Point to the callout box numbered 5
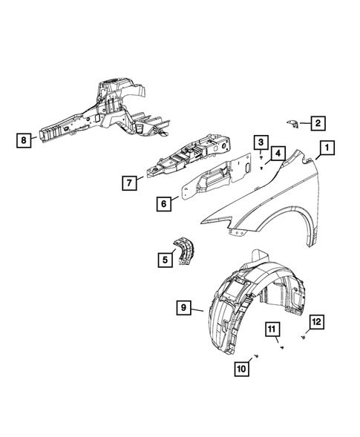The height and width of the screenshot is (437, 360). pos(163,259)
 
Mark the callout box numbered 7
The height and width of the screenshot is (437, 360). pos(130,181)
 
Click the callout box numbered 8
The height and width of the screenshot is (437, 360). pos(24,139)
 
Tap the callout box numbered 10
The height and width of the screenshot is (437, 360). pos(242,368)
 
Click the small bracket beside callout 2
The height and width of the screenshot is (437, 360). pos(292,122)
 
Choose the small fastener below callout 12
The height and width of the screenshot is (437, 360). pos(306,338)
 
